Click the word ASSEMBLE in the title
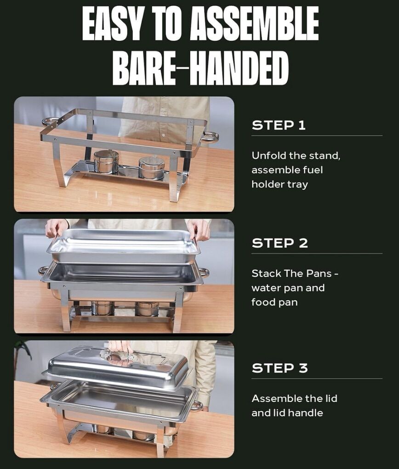(x=254, y=23)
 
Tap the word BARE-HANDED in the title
(x=200, y=68)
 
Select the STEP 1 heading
(x=279, y=125)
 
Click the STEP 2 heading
(x=279, y=243)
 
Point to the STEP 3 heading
(x=279, y=368)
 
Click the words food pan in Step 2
(x=274, y=303)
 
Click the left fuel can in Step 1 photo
(x=106, y=162)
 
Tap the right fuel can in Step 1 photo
(x=152, y=167)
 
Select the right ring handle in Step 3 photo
(x=197, y=406)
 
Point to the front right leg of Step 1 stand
(x=174, y=179)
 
